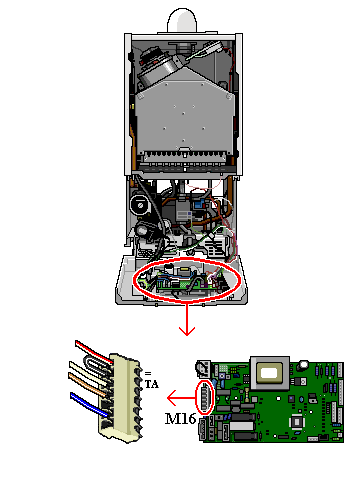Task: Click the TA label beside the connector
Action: tap(152, 383)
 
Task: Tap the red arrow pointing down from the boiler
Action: tap(184, 320)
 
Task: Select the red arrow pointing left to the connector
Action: tap(180, 393)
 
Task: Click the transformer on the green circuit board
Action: tap(270, 372)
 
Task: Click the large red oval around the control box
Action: tap(186, 280)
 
